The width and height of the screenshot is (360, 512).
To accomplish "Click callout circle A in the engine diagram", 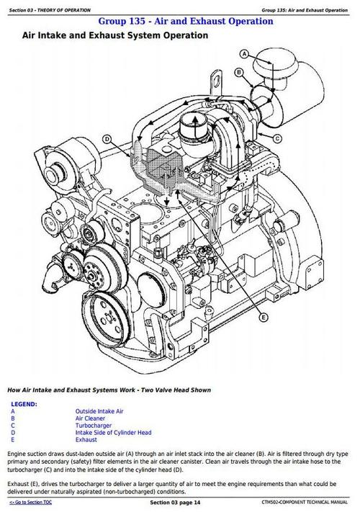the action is point(245,54).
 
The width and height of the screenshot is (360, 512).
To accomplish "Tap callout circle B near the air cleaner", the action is point(239,72).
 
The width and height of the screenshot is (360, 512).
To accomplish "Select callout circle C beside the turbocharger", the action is point(277,138).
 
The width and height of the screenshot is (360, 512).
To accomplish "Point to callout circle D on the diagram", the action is point(107,140).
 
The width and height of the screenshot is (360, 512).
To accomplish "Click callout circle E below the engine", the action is point(263,318).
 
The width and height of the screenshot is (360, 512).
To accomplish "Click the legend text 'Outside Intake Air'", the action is point(99,411).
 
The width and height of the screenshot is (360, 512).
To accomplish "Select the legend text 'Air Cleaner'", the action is point(90,418).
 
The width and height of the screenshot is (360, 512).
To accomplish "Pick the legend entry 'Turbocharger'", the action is point(94,426).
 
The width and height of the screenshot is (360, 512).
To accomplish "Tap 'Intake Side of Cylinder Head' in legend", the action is point(113,433).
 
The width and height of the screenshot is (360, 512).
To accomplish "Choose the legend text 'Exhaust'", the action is point(86,440).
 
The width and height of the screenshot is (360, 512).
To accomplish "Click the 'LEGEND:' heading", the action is point(24,404).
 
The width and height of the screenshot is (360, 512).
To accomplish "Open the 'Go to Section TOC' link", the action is point(30,502).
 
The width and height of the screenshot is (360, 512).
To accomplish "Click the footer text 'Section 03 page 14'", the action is point(175,502).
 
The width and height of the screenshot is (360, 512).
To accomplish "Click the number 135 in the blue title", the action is point(136,21).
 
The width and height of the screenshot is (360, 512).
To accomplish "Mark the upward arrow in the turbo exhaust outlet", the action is point(195,127).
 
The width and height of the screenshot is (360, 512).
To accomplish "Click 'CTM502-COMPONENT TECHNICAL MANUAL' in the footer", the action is point(305,502).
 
